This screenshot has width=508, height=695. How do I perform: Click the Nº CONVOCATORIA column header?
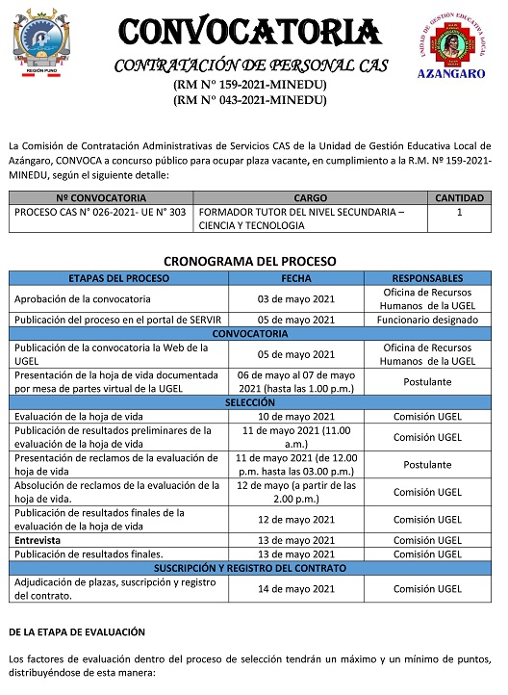[x=101, y=197]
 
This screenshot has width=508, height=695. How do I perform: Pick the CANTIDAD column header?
[x=459, y=197]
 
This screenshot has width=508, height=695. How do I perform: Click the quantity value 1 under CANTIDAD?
[x=459, y=211]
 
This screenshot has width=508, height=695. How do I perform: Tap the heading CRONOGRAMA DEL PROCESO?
[x=249, y=261]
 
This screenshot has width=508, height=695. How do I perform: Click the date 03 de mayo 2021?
[x=295, y=298]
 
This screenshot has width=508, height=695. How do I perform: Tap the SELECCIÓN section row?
[x=250, y=401]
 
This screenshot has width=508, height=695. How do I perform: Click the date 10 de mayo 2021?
[x=295, y=415]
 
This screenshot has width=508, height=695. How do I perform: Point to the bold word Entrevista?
[x=37, y=540]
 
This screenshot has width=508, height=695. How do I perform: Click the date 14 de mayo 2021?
[x=295, y=588]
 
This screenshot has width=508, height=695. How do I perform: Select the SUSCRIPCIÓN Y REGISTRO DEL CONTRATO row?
[x=250, y=568]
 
